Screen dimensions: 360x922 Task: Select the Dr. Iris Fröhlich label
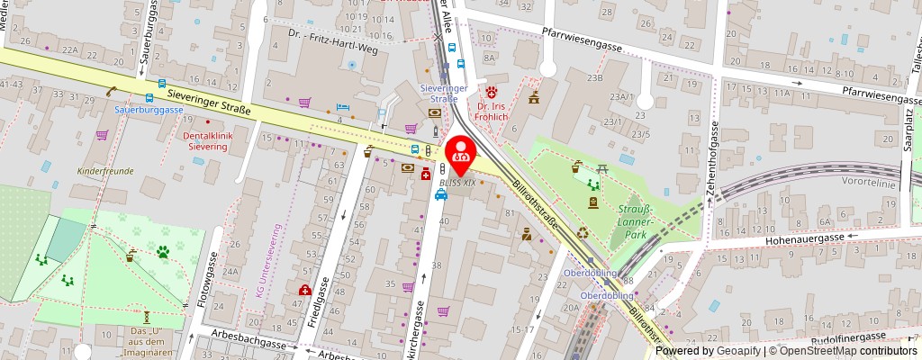[492, 109]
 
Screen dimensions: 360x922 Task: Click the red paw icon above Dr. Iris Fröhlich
[491, 92]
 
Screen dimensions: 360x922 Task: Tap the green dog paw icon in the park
[163, 252]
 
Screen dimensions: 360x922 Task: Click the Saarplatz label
[908, 134]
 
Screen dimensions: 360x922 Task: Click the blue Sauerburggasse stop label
[149, 110]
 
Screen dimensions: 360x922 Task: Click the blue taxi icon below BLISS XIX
[440, 195]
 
